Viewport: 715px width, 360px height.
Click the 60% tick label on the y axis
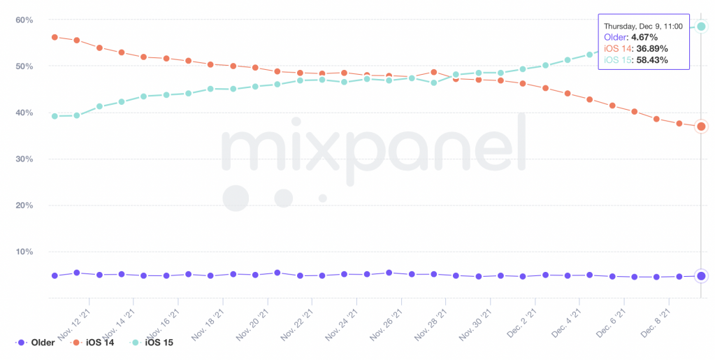point(24,20)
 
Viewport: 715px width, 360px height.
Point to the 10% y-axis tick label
point(24,252)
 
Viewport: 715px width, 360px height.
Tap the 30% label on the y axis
point(24,159)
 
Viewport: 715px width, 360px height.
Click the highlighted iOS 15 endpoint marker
point(701,27)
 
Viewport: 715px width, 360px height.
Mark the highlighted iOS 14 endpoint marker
point(701,127)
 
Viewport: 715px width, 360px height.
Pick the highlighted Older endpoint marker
point(701,275)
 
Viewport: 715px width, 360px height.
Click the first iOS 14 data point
point(55,37)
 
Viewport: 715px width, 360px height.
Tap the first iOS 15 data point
point(55,116)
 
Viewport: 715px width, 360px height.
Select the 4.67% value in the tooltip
point(649,37)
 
